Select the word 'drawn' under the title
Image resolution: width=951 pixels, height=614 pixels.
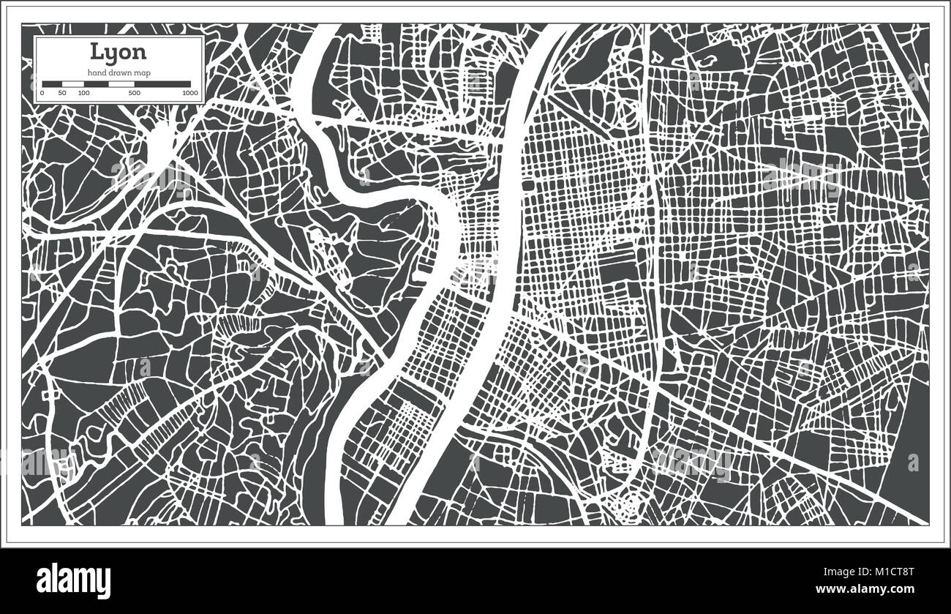(x=121, y=72)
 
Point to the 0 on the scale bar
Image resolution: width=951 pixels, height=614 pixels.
(x=42, y=94)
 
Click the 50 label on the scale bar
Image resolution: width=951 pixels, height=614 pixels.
(x=62, y=94)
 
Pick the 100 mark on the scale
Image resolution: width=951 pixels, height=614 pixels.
(x=83, y=94)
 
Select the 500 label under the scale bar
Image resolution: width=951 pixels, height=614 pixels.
(x=134, y=94)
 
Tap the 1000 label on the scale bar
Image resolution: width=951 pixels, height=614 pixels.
(x=190, y=94)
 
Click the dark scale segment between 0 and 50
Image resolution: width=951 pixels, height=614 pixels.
(x=52, y=84)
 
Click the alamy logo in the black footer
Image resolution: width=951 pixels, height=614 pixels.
(x=74, y=581)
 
